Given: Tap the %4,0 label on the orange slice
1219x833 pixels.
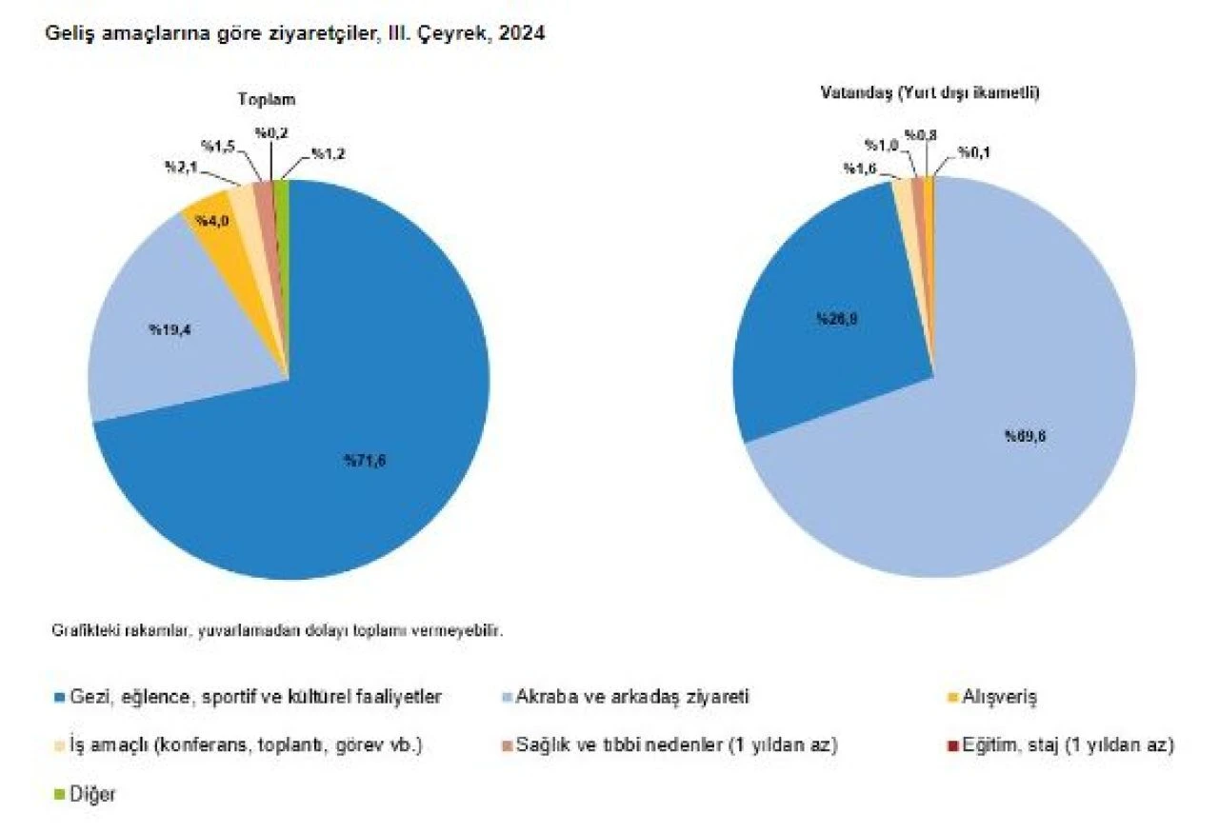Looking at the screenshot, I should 210,221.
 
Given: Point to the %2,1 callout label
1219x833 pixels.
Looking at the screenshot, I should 181,168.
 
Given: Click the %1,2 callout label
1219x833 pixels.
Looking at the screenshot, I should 328,153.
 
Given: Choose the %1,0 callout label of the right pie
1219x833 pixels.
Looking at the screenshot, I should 881,145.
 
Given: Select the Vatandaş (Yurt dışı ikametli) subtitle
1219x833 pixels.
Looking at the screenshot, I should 929,93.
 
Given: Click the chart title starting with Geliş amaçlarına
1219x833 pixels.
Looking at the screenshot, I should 296,33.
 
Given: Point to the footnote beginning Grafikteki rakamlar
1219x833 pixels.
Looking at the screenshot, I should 276,630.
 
